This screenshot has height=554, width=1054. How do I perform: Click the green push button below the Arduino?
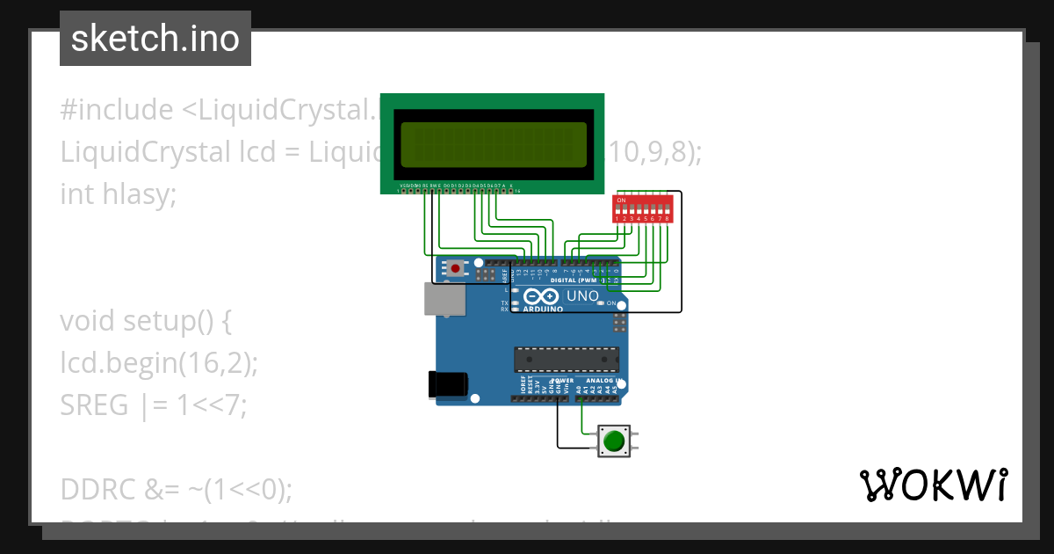[x=614, y=440]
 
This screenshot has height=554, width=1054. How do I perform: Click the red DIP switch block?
[x=643, y=209]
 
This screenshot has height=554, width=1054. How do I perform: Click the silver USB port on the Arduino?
[x=444, y=299]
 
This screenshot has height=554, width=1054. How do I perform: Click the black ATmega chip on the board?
[x=567, y=359]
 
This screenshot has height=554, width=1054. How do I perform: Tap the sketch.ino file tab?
[x=155, y=39]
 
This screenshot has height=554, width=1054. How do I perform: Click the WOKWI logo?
[x=933, y=485]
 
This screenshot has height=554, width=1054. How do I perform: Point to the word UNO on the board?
[x=582, y=296]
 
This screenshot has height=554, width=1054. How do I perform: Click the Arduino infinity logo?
[x=544, y=297]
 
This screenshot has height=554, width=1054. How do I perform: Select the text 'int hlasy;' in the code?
[x=119, y=193]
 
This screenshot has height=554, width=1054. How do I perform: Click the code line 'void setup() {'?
[x=146, y=321]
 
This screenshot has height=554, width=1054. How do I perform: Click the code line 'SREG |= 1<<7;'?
[x=154, y=405]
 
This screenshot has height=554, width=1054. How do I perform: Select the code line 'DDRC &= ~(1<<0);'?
[x=176, y=488]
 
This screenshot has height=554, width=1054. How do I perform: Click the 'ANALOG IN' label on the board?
[x=606, y=381]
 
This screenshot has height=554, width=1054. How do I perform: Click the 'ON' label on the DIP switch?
[x=621, y=200]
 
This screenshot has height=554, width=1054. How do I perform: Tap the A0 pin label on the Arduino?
[x=580, y=388]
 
